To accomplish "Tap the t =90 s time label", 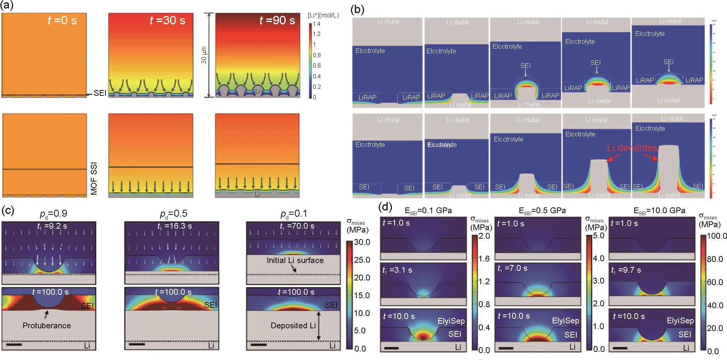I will tap(277, 20).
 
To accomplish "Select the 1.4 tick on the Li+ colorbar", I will tap(317, 24).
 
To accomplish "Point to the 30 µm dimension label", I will tap(204, 55).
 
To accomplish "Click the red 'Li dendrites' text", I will tap(632, 148).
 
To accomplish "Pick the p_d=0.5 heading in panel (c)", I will tap(174, 214).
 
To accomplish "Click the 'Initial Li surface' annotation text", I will tap(295, 260).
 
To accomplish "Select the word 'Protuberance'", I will tap(47, 326).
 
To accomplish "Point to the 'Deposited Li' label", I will tap(293, 326).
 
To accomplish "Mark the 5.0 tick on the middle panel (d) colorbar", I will tap(599, 236).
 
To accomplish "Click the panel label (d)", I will tap(386, 207).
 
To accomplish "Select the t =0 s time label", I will tap(62, 20).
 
